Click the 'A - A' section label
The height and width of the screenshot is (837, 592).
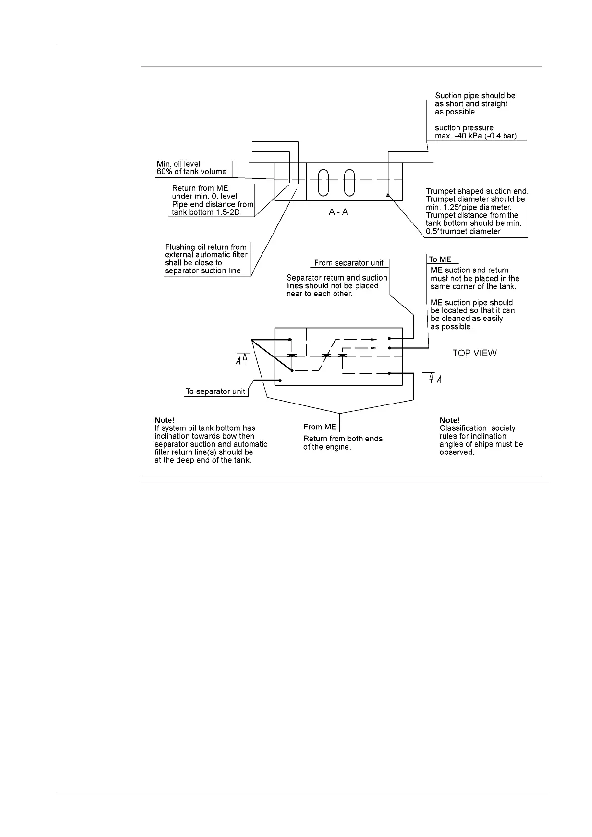(x=338, y=212)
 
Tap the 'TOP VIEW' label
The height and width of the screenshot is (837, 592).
(x=474, y=353)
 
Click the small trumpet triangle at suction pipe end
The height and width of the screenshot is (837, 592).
(x=387, y=195)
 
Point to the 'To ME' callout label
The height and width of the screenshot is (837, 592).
(x=440, y=259)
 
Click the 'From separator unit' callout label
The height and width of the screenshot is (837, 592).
(x=348, y=263)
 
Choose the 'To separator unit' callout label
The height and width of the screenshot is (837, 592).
(x=215, y=391)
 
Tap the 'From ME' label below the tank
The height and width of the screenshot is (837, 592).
(x=320, y=427)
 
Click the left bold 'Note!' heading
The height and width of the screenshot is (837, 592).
(x=165, y=420)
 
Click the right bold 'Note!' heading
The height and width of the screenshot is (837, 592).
(x=450, y=420)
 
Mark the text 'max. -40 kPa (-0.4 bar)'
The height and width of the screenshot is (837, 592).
(x=476, y=136)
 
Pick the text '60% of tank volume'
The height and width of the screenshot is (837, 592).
(x=191, y=172)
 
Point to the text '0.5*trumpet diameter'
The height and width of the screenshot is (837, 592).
(x=463, y=231)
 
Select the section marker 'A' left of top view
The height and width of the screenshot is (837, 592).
(x=239, y=361)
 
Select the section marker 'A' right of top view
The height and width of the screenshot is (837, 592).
(x=439, y=379)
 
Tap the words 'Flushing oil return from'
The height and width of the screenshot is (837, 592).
(x=205, y=247)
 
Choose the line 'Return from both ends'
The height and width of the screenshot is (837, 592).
(x=343, y=439)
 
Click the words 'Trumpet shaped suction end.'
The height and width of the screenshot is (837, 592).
(x=477, y=191)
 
